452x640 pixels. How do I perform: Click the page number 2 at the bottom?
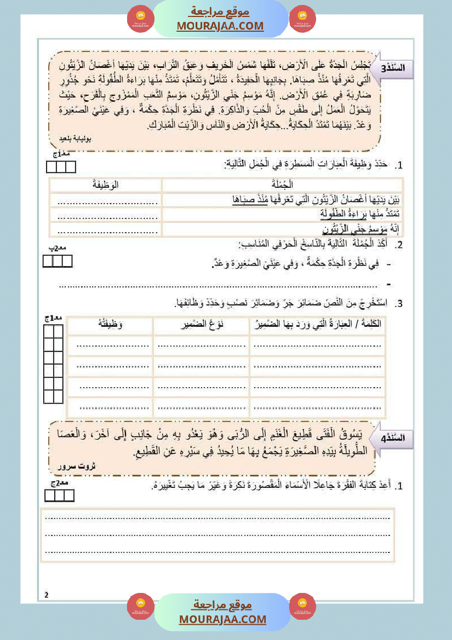[47, 595]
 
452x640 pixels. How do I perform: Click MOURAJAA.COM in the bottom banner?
[222, 620]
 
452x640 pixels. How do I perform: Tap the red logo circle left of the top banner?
[141, 19]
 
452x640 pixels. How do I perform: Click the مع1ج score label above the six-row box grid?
[53, 318]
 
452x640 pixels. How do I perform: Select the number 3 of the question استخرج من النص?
[400, 303]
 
